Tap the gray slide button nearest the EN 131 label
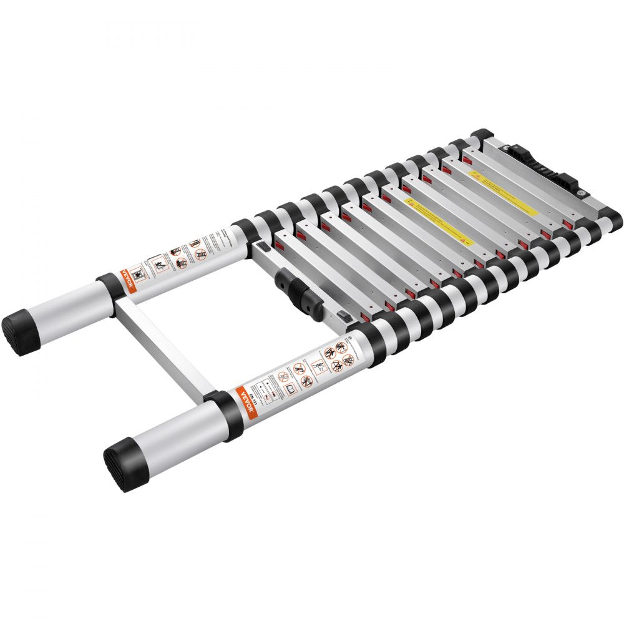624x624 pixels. point(342,317)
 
